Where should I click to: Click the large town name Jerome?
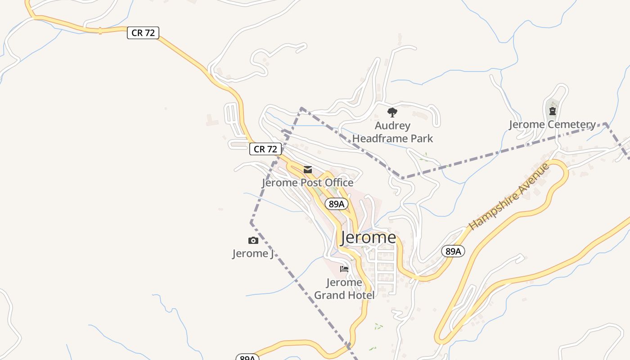(369, 238)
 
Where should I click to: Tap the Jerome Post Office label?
(308, 183)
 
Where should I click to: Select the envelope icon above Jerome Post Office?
(308, 170)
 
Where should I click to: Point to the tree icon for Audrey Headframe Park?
(392, 112)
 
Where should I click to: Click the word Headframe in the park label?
(392, 139)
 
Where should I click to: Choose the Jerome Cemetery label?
(552, 125)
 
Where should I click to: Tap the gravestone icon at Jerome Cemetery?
(553, 111)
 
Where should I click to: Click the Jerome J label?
(253, 254)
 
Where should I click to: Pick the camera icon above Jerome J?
(253, 241)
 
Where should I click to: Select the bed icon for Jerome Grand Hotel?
(344, 269)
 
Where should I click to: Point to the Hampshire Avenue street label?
(509, 197)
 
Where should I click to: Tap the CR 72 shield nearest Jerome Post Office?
(265, 149)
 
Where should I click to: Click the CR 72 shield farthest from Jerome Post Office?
(143, 33)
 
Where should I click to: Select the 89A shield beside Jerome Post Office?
(337, 204)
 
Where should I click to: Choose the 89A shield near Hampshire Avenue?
(453, 251)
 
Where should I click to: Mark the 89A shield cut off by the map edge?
(247, 357)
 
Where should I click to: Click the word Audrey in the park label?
(392, 126)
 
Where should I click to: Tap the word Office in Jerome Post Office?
(337, 183)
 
